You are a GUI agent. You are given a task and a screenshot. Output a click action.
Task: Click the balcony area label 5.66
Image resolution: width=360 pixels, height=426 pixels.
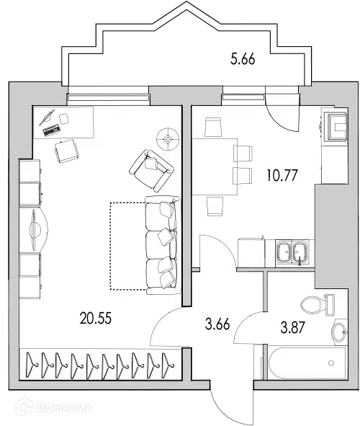click(x=243, y=59)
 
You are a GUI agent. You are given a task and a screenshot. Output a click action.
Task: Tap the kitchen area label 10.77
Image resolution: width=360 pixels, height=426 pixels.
click(x=282, y=175)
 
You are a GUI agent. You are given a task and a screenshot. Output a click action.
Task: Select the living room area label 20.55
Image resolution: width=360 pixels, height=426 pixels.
click(x=96, y=318)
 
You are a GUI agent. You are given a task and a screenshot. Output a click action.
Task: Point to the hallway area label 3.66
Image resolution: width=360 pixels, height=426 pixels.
click(x=217, y=324)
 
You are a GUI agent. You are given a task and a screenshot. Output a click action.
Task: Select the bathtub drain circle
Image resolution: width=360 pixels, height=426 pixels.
click(x=331, y=363)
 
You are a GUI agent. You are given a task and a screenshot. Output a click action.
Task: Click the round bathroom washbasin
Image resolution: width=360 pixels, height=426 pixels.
click(x=339, y=332)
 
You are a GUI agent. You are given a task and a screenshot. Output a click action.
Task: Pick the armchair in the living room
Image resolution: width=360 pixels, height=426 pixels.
click(x=151, y=170)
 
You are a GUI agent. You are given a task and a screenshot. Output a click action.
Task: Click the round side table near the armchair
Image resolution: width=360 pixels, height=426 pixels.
click(x=168, y=140)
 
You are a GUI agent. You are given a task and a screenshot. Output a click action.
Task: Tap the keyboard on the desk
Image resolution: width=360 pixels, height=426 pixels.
click(x=51, y=130)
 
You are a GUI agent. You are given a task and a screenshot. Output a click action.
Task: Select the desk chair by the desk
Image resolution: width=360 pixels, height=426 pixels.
click(x=67, y=151)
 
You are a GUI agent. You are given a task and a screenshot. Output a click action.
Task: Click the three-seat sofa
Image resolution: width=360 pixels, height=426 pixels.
click(x=163, y=245)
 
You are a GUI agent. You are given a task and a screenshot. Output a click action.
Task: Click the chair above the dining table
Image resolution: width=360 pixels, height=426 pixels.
click(x=213, y=127)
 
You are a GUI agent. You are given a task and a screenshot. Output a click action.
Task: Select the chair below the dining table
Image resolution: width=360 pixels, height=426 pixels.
click(x=215, y=206)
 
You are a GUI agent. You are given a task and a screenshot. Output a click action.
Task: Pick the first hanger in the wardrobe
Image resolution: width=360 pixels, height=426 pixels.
click(x=32, y=365)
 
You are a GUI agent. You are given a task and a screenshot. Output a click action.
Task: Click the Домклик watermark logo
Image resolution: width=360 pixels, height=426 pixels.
click(x=54, y=407)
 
